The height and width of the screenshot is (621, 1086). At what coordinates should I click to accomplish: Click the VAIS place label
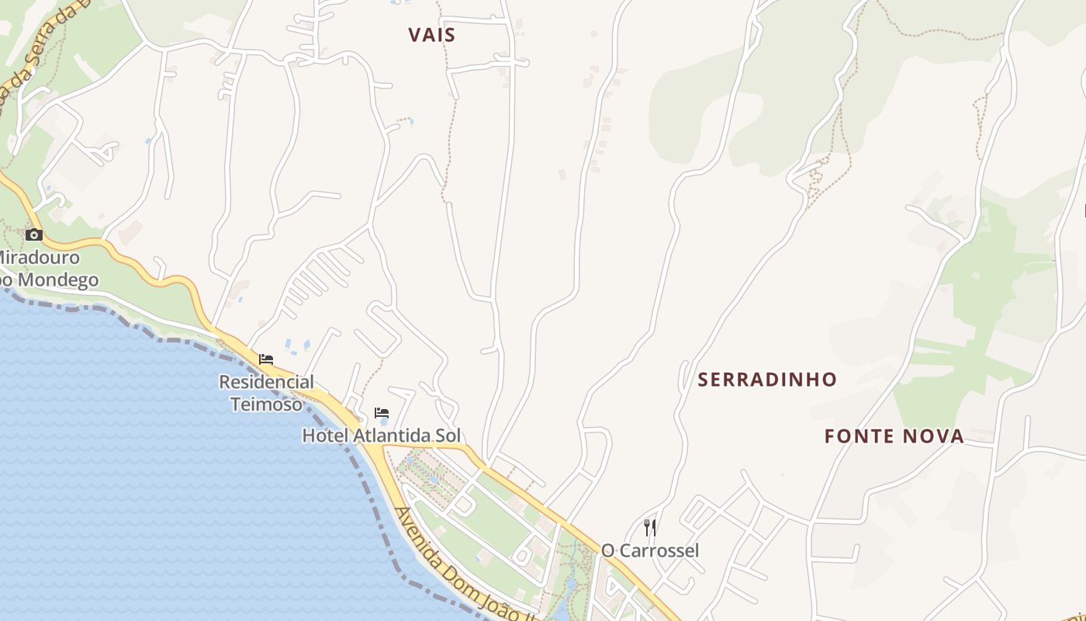(432, 35)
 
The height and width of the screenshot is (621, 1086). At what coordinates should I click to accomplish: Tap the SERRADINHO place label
(767, 380)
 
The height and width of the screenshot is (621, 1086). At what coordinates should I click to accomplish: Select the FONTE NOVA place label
(894, 436)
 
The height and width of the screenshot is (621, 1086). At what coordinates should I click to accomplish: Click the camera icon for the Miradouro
(33, 234)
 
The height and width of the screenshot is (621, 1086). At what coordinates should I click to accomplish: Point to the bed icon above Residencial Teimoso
(266, 359)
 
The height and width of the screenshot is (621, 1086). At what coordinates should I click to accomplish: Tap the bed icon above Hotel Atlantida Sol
(381, 413)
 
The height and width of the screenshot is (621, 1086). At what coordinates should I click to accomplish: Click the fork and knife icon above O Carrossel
(650, 528)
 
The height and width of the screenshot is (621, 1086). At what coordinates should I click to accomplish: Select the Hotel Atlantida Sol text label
(381, 435)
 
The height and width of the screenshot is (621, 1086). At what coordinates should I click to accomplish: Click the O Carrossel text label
(650, 550)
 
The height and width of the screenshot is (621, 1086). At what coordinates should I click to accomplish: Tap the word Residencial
(266, 382)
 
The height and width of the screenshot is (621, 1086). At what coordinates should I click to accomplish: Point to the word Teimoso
(266, 404)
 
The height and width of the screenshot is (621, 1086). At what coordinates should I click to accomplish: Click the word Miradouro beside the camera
(39, 257)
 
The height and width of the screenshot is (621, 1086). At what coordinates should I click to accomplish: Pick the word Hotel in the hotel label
(325, 435)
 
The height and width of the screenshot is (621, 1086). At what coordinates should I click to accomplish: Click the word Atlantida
(391, 435)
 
